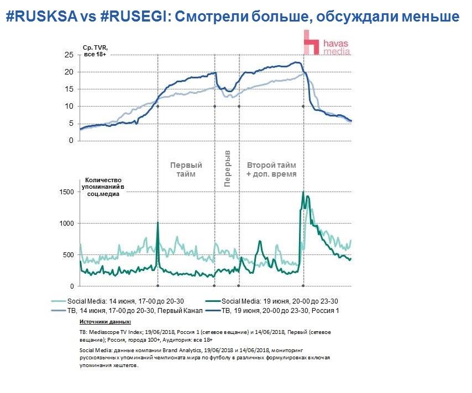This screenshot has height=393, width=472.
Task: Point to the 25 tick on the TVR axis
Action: tap(69, 55)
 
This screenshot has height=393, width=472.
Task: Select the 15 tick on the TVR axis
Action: tap(69, 89)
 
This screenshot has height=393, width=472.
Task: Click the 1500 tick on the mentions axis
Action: tap(66, 192)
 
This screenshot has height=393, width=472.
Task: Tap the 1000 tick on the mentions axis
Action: tap(66, 223)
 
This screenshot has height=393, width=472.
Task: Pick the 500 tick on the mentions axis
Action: tap(67, 255)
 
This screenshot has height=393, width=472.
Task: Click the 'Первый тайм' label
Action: tap(186, 169)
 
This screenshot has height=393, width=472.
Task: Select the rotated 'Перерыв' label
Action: tap(227, 168)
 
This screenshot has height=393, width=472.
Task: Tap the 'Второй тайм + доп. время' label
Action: tap(271, 169)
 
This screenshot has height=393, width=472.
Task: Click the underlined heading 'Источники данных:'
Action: tap(105, 321)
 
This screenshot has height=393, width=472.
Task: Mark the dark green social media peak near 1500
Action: tap(303, 193)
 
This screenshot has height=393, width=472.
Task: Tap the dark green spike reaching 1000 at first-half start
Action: tap(158, 223)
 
